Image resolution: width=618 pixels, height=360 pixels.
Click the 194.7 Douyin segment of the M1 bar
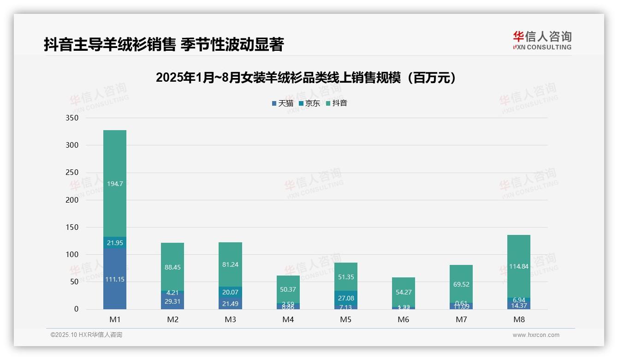click(115, 183)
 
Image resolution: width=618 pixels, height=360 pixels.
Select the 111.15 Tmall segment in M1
click(115, 279)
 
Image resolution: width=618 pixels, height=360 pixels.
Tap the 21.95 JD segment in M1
click(115, 243)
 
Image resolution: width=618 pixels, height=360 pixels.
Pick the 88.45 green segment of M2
click(172, 267)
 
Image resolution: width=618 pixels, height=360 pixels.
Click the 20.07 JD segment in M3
click(230, 292)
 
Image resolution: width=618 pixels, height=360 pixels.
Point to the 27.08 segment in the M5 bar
click(345, 298)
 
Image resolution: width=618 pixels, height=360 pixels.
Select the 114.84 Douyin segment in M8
click(519, 266)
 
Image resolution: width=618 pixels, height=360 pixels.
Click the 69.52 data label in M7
click(461, 284)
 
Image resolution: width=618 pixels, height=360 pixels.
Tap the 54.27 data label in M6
click(404, 292)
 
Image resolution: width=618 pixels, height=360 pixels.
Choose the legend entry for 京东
click(309, 103)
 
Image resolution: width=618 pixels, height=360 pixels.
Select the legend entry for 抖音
click(337, 103)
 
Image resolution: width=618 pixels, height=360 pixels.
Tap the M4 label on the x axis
click(288, 319)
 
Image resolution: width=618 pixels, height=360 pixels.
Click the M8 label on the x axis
click(519, 319)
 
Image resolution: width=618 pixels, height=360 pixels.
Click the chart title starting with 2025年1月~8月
click(309, 78)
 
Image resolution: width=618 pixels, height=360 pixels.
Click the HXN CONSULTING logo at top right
click(542, 40)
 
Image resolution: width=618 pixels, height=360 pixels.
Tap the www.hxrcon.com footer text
click(536, 335)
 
